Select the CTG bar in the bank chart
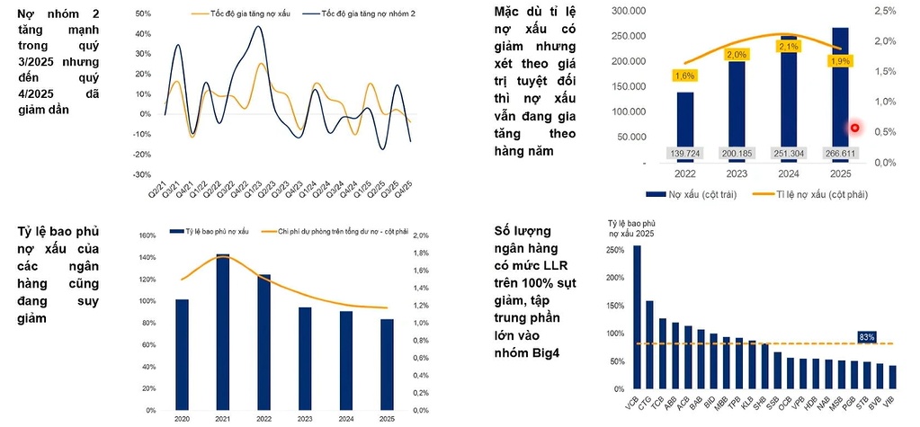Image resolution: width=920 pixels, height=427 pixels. coord(649,343)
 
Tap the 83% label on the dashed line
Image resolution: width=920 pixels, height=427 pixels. coord(867,336)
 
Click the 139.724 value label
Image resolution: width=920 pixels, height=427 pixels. coord(684,154)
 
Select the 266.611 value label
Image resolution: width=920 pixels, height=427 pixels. coord(840,154)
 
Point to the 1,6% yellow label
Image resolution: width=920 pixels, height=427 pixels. coord(684,76)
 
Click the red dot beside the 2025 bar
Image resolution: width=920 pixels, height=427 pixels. coord(855,128)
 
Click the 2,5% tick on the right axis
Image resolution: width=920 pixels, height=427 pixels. coord(885,10)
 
